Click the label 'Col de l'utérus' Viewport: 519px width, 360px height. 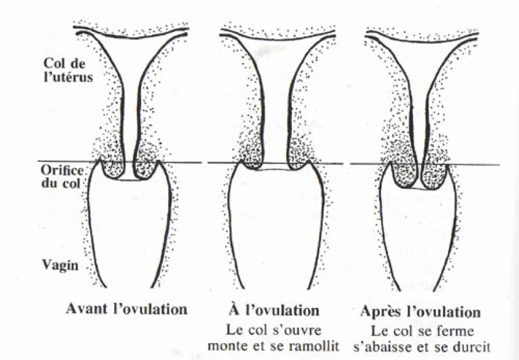pos(68,70)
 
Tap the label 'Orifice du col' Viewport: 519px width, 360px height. pos(62,177)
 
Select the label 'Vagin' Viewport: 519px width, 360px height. pos(60,265)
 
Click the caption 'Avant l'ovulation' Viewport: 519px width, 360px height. pos(127,309)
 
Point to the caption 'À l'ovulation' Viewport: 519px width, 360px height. pos(274,310)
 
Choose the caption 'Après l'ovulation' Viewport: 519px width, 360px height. pos(420,312)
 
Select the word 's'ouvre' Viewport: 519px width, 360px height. pos(297,331)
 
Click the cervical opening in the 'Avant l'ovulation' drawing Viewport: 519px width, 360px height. pos(129,180)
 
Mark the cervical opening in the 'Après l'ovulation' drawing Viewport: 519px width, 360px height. pos(419,188)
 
